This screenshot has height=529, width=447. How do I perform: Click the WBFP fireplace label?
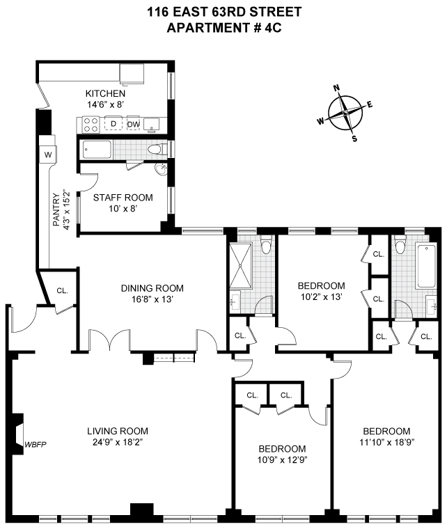[35, 444]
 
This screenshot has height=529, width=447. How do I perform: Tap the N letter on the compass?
[336, 88]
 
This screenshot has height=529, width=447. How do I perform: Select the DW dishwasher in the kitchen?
[134, 124]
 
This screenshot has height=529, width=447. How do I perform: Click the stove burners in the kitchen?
[91, 124]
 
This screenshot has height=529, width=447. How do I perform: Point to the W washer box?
[48, 155]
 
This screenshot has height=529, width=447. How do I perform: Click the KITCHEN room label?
[105, 93]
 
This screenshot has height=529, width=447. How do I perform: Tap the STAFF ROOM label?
[123, 198]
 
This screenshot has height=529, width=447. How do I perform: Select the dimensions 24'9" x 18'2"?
[118, 442]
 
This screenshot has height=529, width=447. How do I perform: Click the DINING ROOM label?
[152, 288]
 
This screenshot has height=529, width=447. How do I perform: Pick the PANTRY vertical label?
[56, 210]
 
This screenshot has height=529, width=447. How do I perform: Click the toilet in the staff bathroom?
[157, 149]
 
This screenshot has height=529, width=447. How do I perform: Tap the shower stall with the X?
[240, 265]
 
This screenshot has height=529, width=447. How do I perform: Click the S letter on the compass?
[354, 139]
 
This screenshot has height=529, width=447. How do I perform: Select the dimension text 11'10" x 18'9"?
[386, 442]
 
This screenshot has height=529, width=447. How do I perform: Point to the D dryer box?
[113, 124]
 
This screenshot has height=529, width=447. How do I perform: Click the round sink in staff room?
[161, 169]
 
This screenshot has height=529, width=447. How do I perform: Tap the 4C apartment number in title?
[273, 28]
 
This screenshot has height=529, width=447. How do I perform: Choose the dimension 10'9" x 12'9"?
[283, 459]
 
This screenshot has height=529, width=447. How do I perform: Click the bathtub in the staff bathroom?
[97, 150]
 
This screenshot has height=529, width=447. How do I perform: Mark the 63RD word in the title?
[229, 12]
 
